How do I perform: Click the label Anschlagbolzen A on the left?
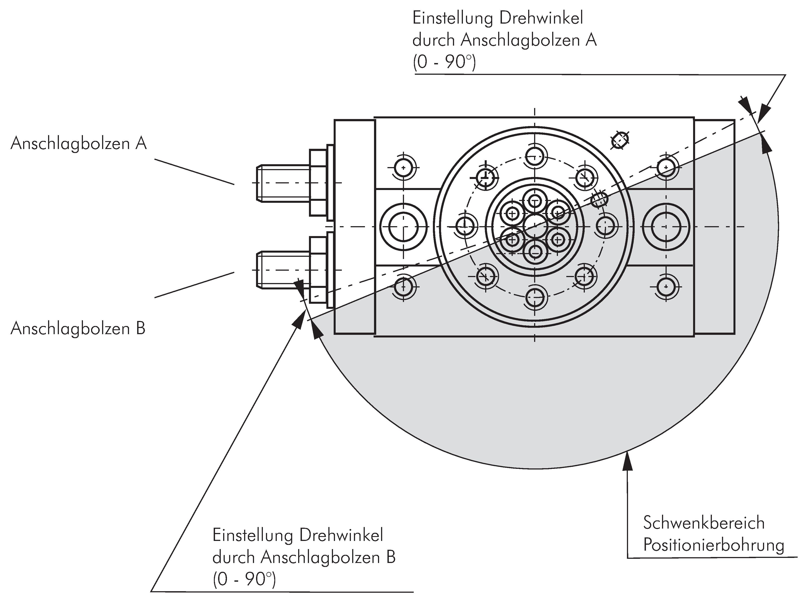point(79,143)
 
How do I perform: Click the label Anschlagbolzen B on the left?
point(78,329)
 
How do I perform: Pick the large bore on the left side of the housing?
point(403,227)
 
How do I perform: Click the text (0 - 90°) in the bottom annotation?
point(244,580)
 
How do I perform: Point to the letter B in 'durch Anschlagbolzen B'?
point(391,557)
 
